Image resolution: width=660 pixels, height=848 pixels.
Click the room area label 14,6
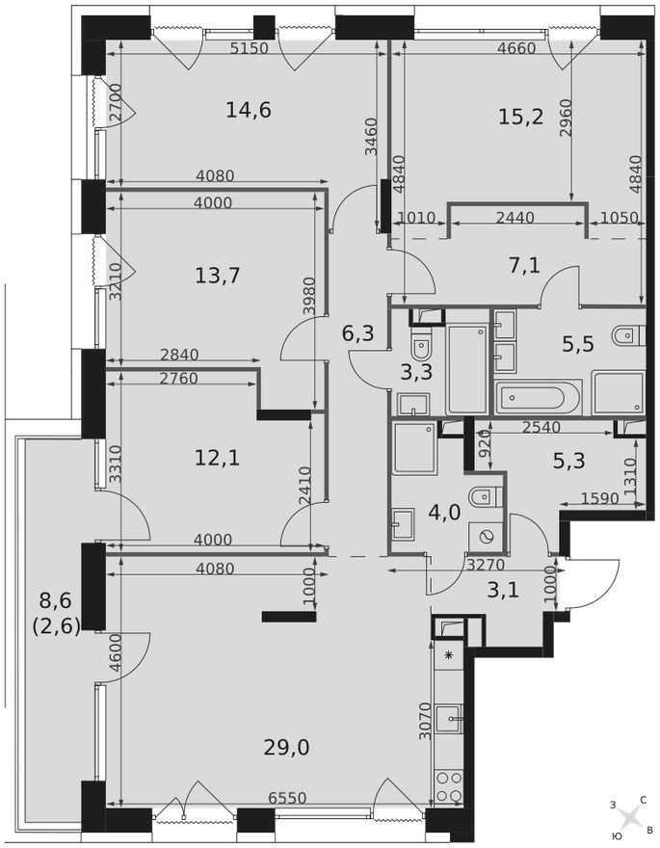click(x=249, y=110)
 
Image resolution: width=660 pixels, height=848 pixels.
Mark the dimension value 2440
click(x=515, y=219)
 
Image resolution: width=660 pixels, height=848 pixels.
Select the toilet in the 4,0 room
click(x=478, y=497)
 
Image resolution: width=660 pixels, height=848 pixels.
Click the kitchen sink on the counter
click(x=448, y=718)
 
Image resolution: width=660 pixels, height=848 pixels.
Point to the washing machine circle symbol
click(x=487, y=537)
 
